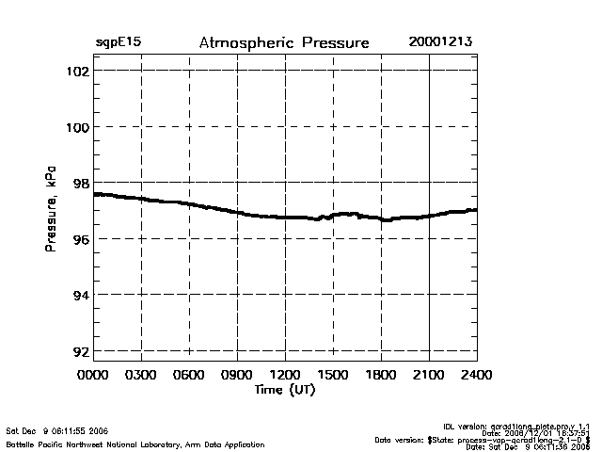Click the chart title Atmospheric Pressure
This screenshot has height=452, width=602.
pos(284,43)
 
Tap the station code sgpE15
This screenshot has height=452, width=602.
pos(119,43)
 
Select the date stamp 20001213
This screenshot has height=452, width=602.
pos(440,43)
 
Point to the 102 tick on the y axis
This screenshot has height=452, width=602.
pos(78,71)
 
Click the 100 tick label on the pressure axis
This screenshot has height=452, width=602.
pos(78,126)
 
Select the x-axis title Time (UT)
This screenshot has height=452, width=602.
pos(284,390)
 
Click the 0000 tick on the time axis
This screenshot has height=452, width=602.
pos(93,376)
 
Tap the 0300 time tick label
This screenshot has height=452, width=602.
pos(141,376)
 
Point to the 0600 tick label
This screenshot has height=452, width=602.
pos(189,376)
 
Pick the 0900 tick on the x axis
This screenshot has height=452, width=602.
pos(237,376)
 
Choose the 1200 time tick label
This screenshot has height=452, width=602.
pos(285,376)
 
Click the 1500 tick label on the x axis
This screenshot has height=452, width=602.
pos(333,376)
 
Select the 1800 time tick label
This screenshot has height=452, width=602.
pos(381,376)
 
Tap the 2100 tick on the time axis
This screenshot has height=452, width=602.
pos(429,376)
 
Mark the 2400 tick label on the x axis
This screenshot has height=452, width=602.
pos(476,376)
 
